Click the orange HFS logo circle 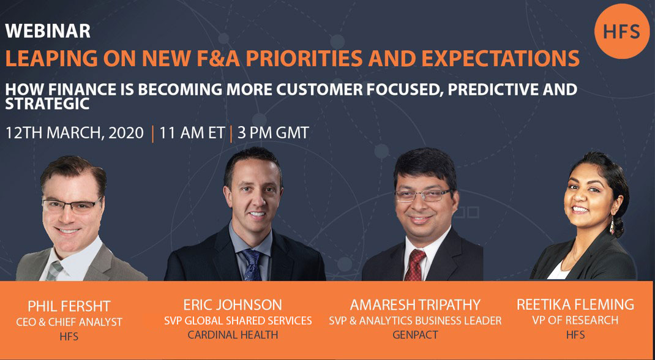point(621,31)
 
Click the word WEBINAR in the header point(48,31)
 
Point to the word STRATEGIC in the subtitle point(47,104)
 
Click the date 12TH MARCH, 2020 point(74,133)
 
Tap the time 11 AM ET point(192,133)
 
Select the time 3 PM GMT point(273,133)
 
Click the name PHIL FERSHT point(69,306)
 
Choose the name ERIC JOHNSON point(233,304)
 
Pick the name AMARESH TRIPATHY point(415,304)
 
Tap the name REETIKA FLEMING point(575,304)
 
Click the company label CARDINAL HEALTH point(233,334)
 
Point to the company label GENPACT point(415,334)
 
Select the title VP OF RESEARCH point(575,320)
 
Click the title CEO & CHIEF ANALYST point(69,322)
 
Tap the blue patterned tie point(252,264)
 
